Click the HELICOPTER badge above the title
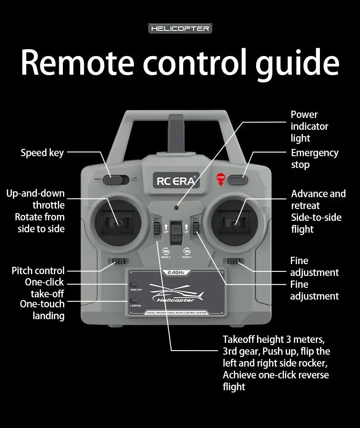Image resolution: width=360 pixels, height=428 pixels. (180, 29)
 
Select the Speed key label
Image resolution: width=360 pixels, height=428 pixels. (42, 153)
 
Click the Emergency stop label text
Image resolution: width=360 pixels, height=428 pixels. (314, 158)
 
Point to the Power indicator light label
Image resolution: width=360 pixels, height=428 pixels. (309, 126)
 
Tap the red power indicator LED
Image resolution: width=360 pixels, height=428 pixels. (176, 208)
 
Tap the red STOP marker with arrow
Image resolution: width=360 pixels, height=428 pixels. (221, 179)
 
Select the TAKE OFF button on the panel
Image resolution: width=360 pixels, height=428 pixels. (134, 285)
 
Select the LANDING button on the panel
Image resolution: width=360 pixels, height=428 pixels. (134, 300)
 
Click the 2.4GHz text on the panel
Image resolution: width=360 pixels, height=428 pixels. (175, 273)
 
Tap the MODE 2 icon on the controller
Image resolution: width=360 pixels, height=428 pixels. (166, 252)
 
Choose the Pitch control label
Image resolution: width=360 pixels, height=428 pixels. (38, 271)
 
